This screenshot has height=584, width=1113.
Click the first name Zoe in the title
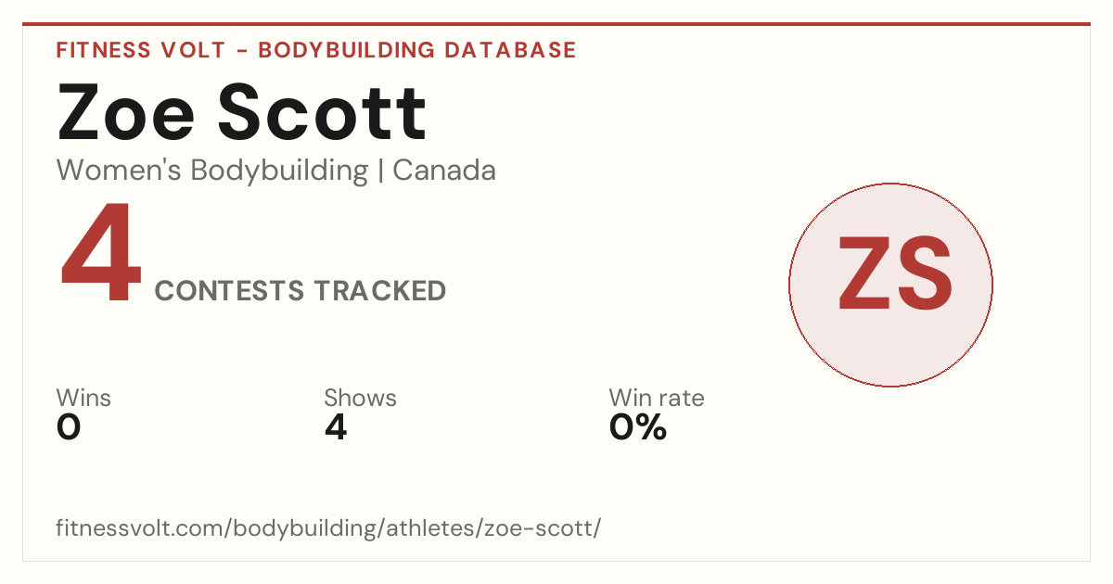tap(126, 112)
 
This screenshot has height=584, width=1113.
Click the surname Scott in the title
tap(322, 111)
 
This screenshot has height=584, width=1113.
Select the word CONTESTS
tap(229, 290)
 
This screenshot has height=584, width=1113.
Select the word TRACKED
tap(380, 290)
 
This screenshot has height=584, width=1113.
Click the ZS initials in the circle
tap(895, 273)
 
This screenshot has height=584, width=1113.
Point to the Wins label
tap(83, 398)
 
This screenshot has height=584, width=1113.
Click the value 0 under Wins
tap(69, 427)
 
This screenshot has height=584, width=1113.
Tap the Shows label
tap(360, 398)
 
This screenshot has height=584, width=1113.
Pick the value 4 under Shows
tap(336, 427)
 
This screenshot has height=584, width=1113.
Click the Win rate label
tap(657, 398)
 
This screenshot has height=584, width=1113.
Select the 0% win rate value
tap(638, 427)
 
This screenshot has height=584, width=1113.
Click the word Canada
tap(444, 171)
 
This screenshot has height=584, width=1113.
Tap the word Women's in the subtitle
tap(119, 171)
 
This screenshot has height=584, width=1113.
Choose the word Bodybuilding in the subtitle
tap(279, 171)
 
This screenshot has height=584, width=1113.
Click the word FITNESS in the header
tap(103, 50)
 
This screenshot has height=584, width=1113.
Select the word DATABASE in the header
tap(510, 50)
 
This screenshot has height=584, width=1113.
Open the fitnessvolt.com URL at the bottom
tap(328, 527)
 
